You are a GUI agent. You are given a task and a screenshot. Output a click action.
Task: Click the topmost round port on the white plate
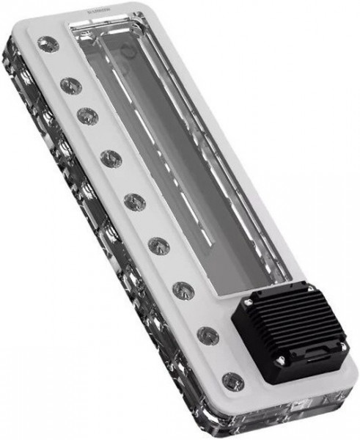49,45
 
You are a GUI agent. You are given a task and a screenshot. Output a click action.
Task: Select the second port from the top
70,86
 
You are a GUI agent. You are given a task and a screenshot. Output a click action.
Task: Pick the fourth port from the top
111,157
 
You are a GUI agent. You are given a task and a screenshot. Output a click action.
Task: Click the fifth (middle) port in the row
134,201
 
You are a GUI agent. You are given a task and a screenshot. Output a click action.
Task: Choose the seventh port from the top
183,289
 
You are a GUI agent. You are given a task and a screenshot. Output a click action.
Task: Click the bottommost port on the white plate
232,381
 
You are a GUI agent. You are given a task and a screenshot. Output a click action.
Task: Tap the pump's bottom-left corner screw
279,359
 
